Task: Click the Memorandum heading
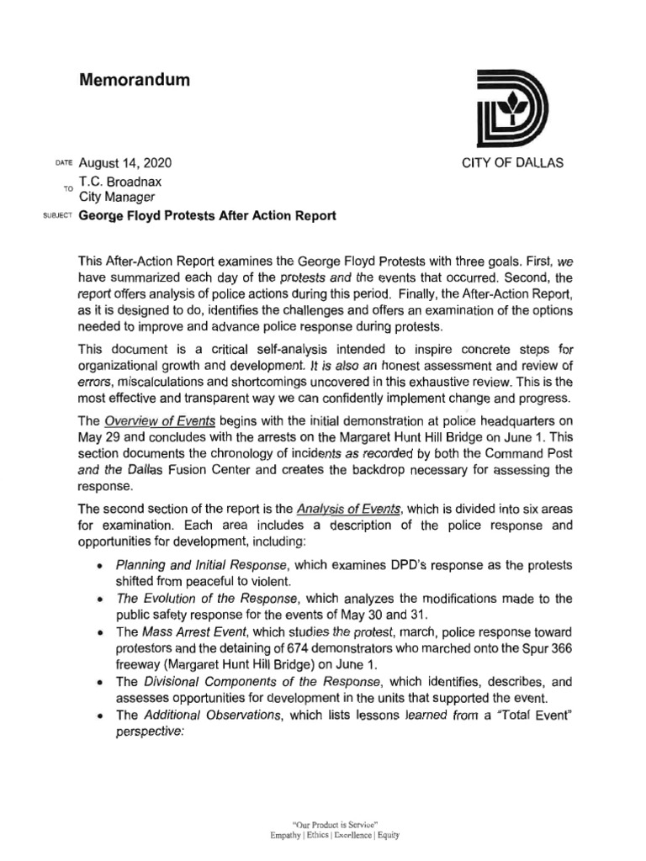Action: [134, 81]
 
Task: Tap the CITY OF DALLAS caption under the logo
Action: [513, 163]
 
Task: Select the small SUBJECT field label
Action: [56, 218]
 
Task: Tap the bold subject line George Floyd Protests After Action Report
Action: [207, 216]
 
